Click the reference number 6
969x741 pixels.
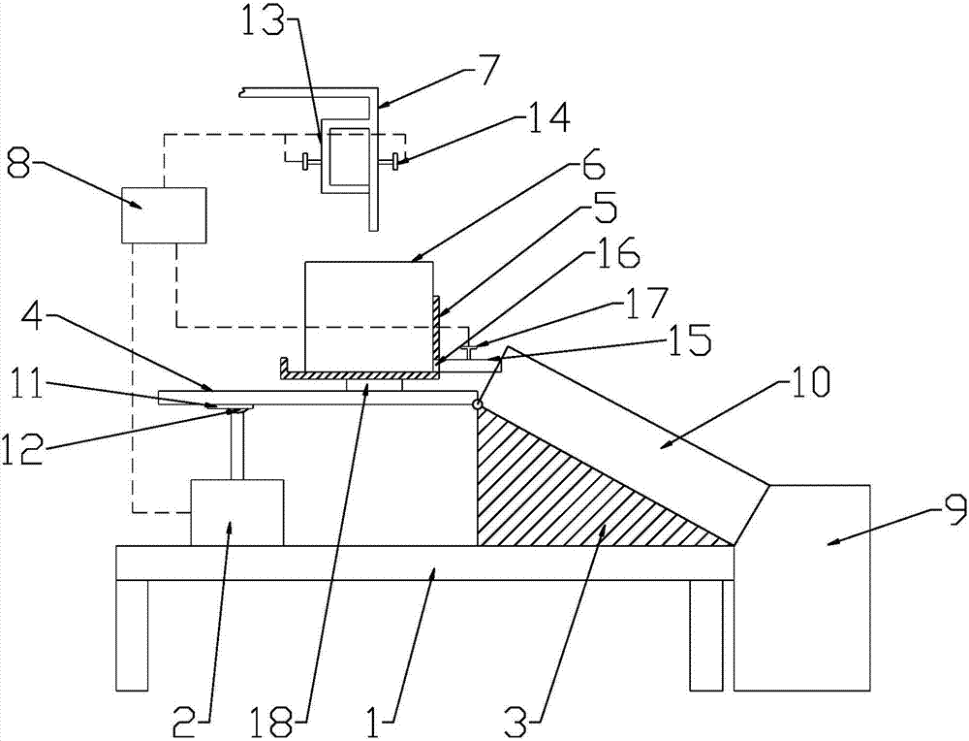tap(590, 169)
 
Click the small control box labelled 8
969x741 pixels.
tap(164, 215)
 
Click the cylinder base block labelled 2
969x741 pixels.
tap(236, 512)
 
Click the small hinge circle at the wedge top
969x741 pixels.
tap(476, 404)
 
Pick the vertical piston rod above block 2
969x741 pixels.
tap(236, 445)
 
